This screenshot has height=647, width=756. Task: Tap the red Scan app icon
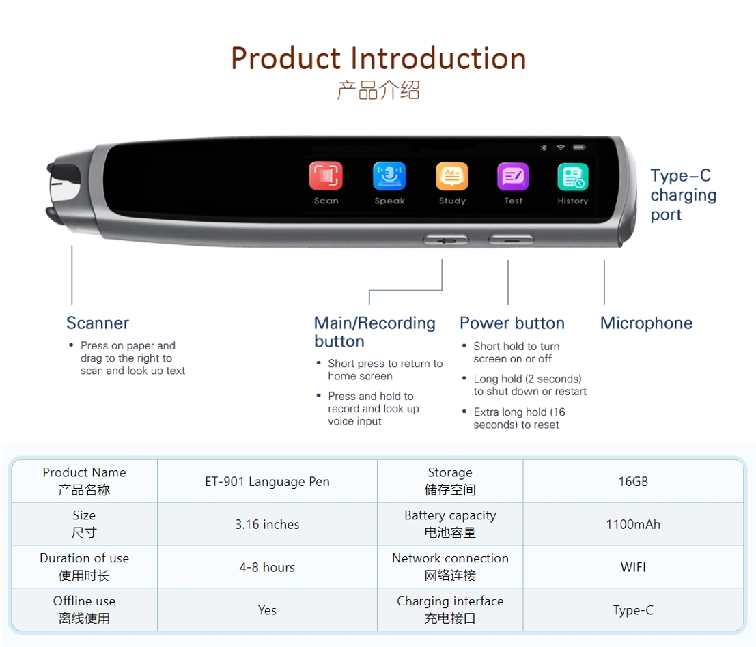point(326,176)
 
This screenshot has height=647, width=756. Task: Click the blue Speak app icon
point(389,176)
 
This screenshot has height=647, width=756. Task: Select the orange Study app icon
point(452,176)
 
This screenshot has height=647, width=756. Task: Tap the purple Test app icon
point(513,177)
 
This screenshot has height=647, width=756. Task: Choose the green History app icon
point(572,177)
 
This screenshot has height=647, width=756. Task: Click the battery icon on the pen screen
point(579,147)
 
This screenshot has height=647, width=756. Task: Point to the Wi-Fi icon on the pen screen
point(561,147)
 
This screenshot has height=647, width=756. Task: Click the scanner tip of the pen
point(63,191)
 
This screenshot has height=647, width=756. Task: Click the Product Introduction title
point(378,59)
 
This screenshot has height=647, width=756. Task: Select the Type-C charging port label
point(683,195)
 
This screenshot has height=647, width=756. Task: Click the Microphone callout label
point(646,323)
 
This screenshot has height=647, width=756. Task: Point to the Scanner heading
point(98,323)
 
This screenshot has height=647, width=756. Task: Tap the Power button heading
point(512,323)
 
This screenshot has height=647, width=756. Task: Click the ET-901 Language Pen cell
point(267,481)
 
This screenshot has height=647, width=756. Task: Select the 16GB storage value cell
point(633,481)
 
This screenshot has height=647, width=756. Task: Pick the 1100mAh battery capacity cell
point(633,524)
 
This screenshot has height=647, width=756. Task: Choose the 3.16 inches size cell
point(267,524)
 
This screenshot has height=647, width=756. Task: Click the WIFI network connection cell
point(633,567)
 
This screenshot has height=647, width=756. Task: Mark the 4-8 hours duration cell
point(267,567)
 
